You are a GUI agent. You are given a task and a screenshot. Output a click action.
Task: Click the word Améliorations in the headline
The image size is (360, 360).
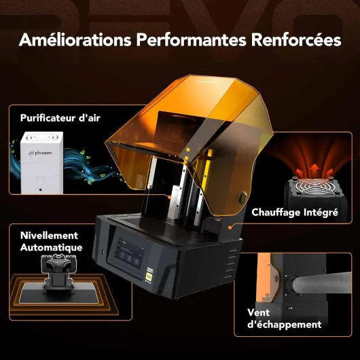coord(75,39)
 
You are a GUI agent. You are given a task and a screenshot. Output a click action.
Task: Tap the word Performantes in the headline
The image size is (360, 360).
coord(191,39)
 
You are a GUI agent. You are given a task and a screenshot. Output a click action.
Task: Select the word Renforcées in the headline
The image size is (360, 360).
coord(296,39)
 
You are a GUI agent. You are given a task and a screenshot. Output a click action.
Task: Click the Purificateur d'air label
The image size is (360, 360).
coord(60,118)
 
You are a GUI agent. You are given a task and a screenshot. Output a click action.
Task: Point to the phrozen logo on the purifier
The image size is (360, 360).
coord(40,153)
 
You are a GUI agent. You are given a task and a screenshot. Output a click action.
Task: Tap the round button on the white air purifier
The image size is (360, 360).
coord(40,179)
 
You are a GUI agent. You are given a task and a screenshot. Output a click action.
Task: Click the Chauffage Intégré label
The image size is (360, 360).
coord(295,213)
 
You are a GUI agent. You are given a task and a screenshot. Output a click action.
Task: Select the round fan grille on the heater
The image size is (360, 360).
coord(313,187)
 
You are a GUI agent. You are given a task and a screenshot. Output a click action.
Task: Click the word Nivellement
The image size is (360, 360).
coord(49,236)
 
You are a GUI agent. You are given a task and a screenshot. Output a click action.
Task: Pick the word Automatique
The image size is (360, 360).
coord(51,247)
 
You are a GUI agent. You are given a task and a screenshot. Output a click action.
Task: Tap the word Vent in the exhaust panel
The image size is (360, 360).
coord(258,312)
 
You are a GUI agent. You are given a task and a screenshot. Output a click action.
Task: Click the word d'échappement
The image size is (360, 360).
coord(284,325)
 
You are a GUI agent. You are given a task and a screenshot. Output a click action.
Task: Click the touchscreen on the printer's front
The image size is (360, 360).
coord(129,253)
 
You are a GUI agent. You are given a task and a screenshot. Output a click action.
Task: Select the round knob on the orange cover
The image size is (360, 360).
coord(243,198)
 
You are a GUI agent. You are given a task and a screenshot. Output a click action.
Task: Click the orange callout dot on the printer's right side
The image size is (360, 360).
coord(230,228)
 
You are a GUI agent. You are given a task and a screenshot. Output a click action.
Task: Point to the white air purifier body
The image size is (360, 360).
coord(41,162)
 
